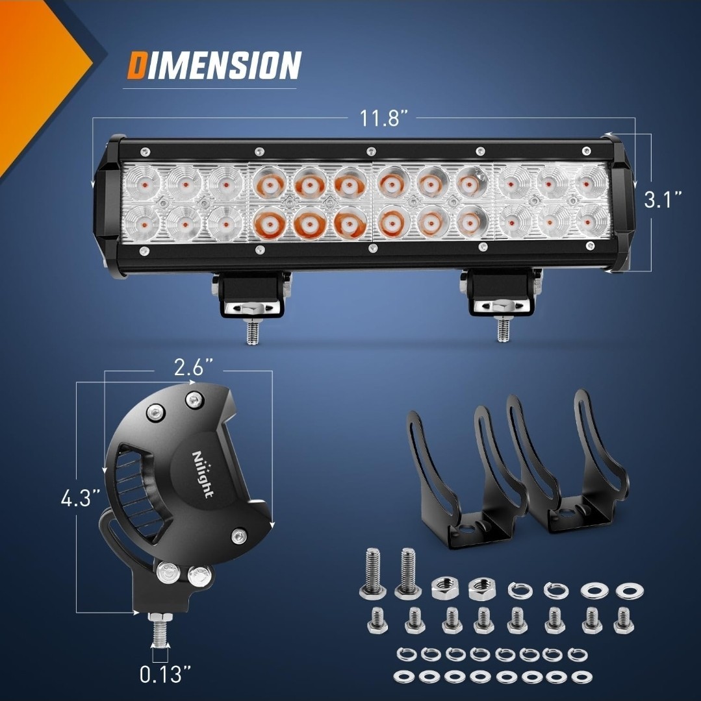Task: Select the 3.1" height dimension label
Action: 663,199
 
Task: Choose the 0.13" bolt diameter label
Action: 160,674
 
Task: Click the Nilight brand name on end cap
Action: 203,473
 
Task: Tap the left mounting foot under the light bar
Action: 251,295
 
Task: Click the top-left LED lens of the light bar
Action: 142,182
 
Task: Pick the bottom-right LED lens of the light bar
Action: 593,221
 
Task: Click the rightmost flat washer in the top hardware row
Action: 629,591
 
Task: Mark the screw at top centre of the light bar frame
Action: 370,151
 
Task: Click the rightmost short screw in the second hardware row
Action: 623,621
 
